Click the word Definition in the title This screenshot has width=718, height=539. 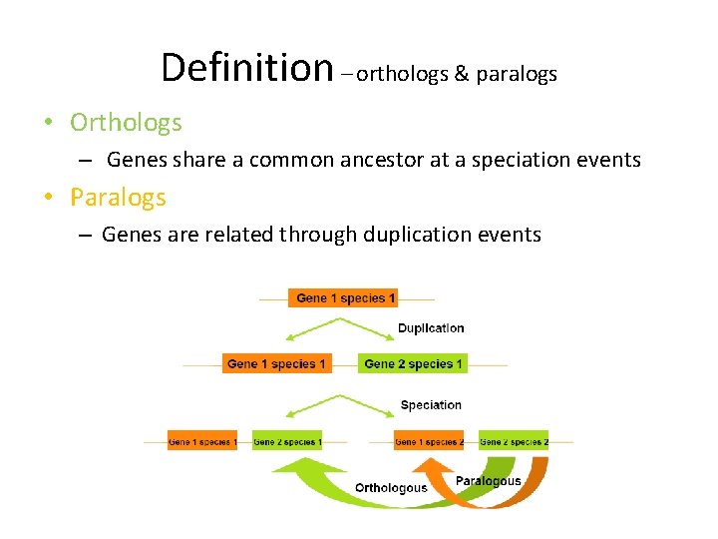pos(246,68)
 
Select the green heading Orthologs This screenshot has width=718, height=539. pos(126,123)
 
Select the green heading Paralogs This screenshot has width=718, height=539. pos(118,198)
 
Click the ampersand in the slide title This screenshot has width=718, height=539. pos(461,74)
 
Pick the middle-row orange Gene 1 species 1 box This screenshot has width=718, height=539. pos(276,364)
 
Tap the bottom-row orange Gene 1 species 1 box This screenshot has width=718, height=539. pos(201,441)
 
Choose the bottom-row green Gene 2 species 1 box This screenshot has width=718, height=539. pos(287,441)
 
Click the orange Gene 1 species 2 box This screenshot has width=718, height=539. pos(429,441)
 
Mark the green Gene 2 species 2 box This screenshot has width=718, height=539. pos(514,441)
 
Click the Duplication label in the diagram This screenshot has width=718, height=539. pos(431,328)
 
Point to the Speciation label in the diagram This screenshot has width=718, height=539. pos(431,405)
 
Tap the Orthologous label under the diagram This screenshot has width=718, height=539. pos(391,488)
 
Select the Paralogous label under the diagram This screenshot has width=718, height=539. pos(488,481)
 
